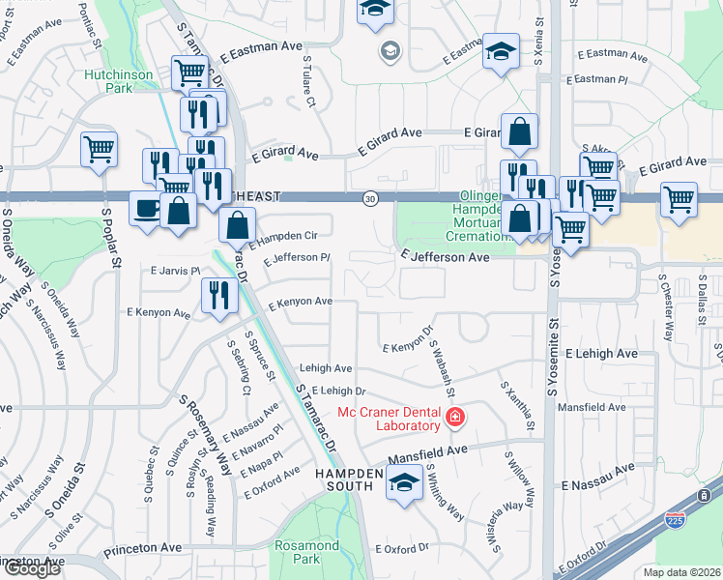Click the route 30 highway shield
pos(370,198)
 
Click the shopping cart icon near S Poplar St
pos(99,150)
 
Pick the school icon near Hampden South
pos(405,483)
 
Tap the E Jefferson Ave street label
pos(446,258)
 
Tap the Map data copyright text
pos(681,572)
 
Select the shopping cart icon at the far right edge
pos(679,200)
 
